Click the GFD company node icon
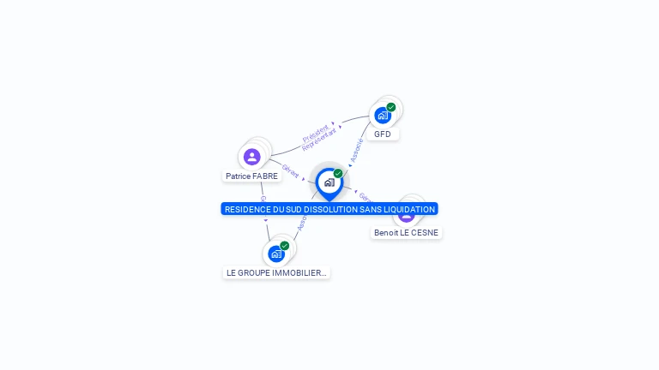point(383,115)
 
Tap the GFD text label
point(383,134)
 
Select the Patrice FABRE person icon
point(251,157)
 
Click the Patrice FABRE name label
point(251,176)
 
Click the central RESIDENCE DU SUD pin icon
point(329,182)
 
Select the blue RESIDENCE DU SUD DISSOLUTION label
point(329,209)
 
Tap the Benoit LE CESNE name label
point(406,233)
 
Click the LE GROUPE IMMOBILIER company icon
point(276,254)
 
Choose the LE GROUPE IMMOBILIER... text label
point(276,273)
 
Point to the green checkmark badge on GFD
point(391,107)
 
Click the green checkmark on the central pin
point(338,174)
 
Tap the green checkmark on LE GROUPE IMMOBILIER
point(285,246)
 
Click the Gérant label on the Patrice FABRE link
point(290,171)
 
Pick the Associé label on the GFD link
point(357,151)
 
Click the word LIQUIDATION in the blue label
point(406,209)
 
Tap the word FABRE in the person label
point(265,176)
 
